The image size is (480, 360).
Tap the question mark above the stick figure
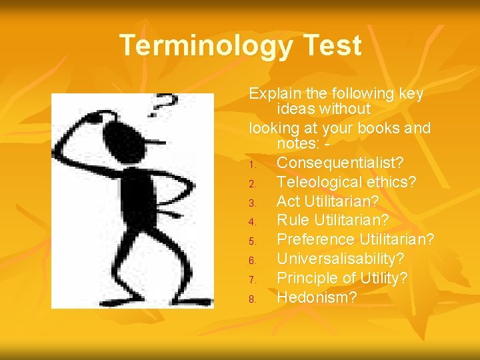coord(165,105)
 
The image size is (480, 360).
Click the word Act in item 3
coord(289,201)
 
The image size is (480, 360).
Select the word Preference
coord(316,239)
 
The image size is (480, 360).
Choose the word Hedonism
coord(317,297)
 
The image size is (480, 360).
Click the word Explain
coord(272,94)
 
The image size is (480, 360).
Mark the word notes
coord(299,143)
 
